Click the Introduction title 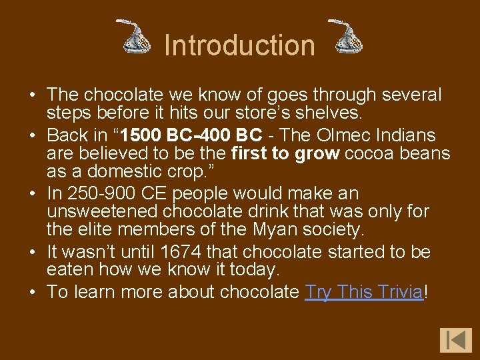coord(239,45)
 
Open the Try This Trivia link coord(365,292)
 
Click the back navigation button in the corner coord(455,339)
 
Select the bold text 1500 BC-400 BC coord(192,135)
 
